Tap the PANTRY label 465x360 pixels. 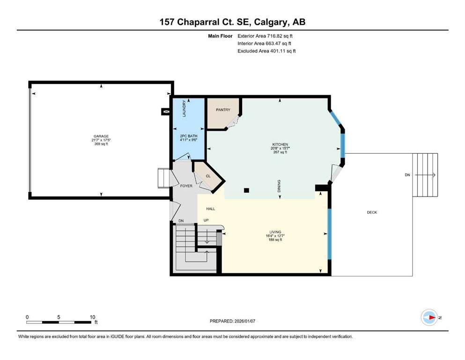pos(223,110)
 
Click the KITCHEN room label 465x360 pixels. pos(280,144)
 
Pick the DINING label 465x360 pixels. pos(279,186)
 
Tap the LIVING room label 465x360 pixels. pos(275,231)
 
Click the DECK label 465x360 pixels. pos(372,212)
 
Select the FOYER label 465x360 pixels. pos(186,186)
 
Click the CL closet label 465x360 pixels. pos(208,176)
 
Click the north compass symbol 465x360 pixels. pos(429,317)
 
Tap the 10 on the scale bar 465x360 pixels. pos(92,316)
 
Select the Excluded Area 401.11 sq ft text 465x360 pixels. pos(267,51)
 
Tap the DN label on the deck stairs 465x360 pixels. pos(407,175)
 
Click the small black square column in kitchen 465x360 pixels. pos(247,190)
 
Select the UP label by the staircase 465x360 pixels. pos(206,221)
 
